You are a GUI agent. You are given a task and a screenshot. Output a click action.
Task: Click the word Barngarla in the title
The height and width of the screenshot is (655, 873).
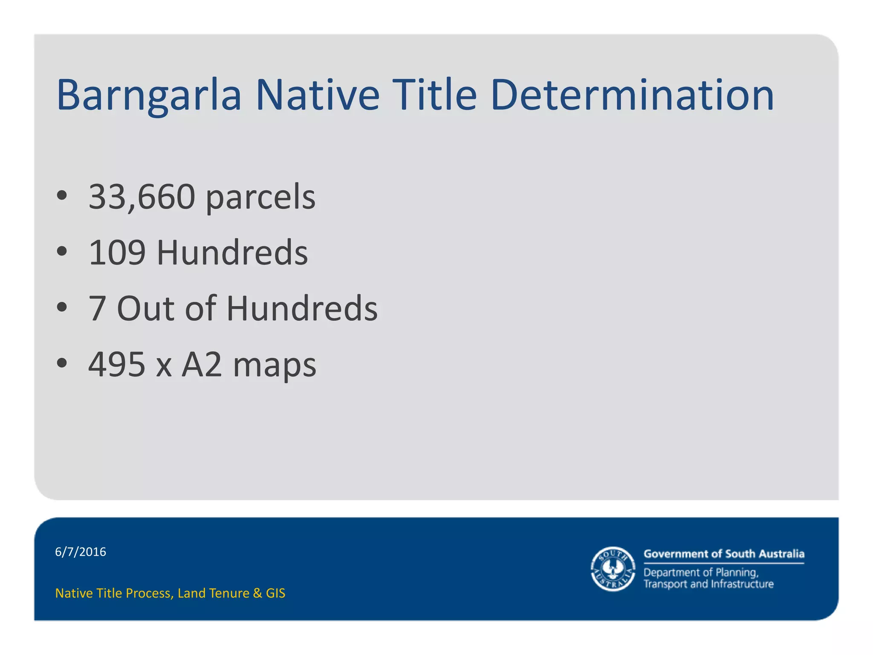[149, 96]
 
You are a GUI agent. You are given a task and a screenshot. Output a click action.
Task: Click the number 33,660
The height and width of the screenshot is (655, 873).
[142, 197]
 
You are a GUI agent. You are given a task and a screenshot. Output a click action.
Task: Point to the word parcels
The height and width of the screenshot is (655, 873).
[260, 198]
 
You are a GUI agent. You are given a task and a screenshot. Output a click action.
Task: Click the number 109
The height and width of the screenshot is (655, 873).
[117, 253]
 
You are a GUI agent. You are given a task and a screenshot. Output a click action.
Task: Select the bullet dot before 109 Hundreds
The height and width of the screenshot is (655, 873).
[62, 252]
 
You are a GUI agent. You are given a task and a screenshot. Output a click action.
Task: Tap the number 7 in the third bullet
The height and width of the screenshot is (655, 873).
[97, 309]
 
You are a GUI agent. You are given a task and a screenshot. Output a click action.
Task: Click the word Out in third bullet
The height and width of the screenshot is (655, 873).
[145, 309]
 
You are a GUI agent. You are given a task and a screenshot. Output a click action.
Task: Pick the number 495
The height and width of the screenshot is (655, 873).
[117, 365]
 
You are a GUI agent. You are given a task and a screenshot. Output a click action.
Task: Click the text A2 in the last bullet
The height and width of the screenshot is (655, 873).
[202, 365]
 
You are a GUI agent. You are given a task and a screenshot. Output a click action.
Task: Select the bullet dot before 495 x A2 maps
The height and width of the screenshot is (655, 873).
[62, 363]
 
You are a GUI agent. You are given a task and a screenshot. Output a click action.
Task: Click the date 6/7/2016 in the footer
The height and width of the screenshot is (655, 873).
[81, 552]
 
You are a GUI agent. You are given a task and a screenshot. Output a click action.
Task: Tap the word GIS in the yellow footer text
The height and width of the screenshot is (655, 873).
[275, 593]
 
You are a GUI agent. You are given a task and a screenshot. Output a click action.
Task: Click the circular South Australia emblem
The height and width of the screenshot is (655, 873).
[613, 569]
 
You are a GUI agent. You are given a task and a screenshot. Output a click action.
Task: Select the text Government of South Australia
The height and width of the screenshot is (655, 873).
[724, 554]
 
